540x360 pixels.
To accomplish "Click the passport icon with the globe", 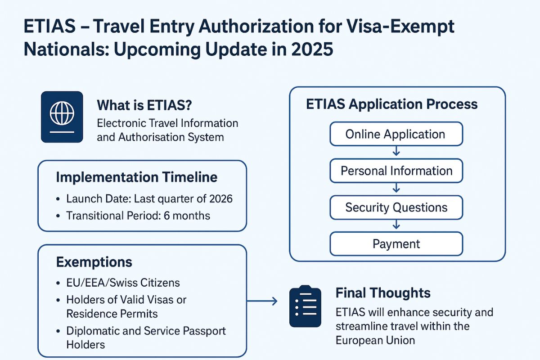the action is click(62, 117).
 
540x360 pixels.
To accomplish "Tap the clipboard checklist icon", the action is click(305, 306).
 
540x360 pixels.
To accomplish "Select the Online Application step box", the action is click(396, 134).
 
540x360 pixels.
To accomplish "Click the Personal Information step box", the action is click(396, 171).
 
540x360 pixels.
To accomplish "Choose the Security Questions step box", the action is click(396, 207).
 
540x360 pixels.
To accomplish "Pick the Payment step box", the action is click(396, 244).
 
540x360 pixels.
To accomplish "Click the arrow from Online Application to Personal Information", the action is click(396, 151).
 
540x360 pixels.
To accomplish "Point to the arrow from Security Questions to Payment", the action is click(396, 224).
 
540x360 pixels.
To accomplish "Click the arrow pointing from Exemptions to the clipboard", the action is click(262, 301).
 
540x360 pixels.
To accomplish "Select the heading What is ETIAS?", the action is click(144, 105).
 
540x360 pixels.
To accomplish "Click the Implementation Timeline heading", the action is click(137, 177).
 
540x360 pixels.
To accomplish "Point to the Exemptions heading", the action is click(94, 262).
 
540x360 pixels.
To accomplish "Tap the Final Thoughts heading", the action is click(383, 293).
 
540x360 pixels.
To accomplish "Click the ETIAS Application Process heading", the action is click(392, 104).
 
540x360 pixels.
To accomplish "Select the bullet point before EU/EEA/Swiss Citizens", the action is click(58, 283).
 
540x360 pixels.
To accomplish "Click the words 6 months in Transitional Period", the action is click(187, 216).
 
